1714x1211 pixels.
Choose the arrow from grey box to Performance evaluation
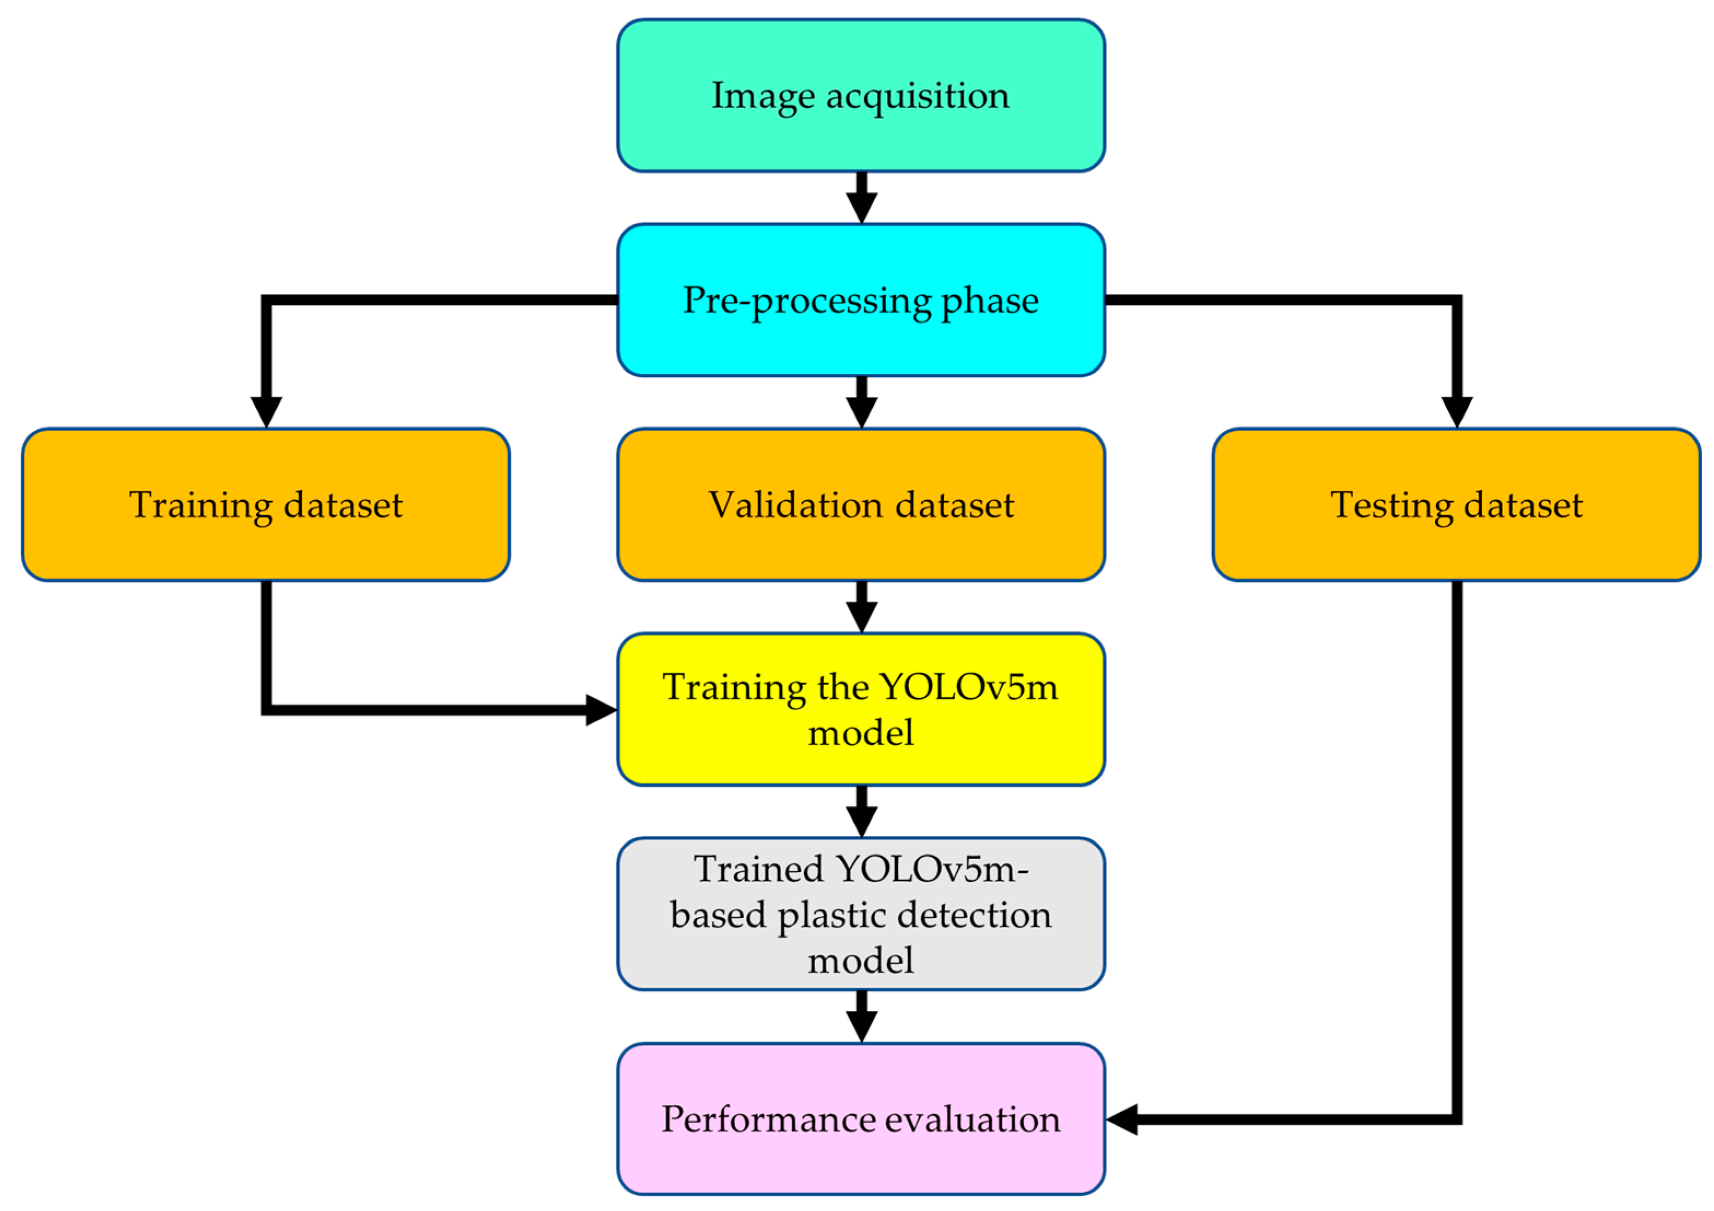(x=862, y=1017)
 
